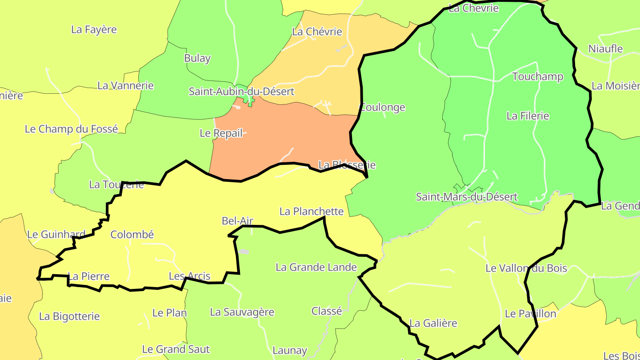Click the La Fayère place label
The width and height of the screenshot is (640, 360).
pos(94,30)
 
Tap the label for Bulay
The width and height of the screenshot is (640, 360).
pos(197,58)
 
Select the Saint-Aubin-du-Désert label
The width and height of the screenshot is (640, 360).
pos(241,92)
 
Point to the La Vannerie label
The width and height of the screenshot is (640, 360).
pos(125,85)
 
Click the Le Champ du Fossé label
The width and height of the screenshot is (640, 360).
pos(71,129)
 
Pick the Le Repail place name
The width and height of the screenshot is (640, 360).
pos(221,133)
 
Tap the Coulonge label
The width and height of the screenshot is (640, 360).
pos(383,107)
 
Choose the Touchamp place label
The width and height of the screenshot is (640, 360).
pos(538,76)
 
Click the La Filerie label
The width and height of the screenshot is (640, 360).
pos(528,116)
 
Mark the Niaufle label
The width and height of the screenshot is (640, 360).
pos(605,49)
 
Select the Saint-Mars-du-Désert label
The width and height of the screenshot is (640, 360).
pos(467,196)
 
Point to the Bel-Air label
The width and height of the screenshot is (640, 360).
pos(237,220)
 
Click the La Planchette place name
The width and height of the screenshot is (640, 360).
pos(312,212)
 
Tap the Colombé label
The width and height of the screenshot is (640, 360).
pos(132,235)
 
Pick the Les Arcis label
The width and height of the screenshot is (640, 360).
pos(189,276)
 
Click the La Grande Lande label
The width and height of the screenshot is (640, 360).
pos(316,267)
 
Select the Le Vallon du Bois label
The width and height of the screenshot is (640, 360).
pos(526,268)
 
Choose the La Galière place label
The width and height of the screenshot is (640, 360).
pos(433,323)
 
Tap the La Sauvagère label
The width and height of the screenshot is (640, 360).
pos(242,312)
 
